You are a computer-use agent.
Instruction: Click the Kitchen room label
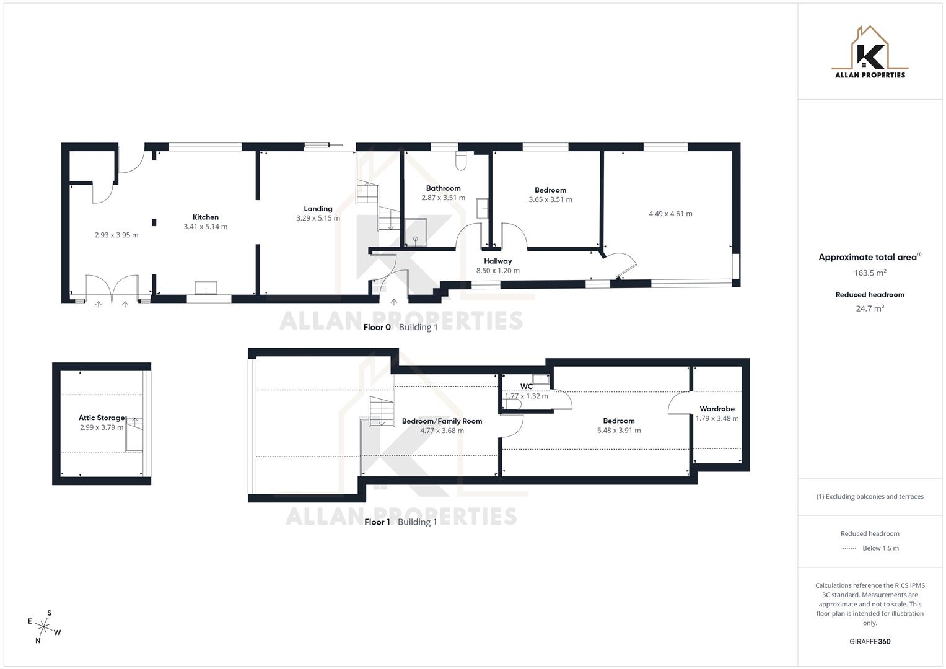205,217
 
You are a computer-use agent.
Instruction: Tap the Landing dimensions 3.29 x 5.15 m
318,218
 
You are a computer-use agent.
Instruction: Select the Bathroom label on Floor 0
443,188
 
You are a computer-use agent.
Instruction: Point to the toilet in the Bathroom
460,162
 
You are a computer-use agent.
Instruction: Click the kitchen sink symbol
206,288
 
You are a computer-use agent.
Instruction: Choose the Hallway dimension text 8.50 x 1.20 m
497,271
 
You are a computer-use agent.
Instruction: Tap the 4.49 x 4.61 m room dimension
670,214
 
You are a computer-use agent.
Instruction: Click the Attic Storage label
102,418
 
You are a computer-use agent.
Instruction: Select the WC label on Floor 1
527,387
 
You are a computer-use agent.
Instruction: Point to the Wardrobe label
717,409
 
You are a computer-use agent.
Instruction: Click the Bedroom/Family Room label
442,421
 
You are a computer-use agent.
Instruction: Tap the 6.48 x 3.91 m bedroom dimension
618,431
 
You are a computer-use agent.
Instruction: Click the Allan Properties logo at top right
870,53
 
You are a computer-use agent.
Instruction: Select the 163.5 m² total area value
870,273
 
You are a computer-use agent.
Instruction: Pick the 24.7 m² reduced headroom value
870,308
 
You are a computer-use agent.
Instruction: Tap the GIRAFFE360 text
870,642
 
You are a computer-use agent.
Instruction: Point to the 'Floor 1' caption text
377,522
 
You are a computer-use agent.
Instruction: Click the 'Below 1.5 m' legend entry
880,548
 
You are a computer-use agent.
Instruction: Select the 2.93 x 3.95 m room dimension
116,235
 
